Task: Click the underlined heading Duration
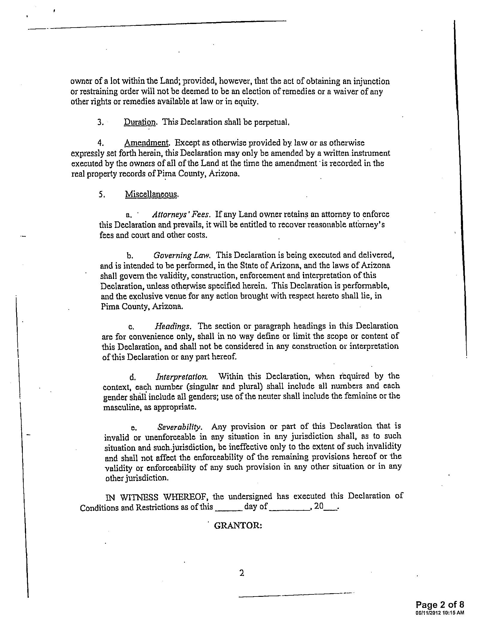tap(140, 122)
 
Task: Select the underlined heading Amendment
tap(147, 143)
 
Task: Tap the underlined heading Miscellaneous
tap(151, 194)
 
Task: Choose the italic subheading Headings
tap(172, 326)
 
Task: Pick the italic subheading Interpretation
tap(181, 376)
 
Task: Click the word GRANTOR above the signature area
tap(238, 525)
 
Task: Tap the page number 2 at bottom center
tap(242, 573)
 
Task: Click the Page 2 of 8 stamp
tap(440, 605)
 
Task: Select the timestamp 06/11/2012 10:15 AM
tap(440, 613)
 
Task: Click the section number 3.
tap(100, 122)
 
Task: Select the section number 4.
tap(100, 143)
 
